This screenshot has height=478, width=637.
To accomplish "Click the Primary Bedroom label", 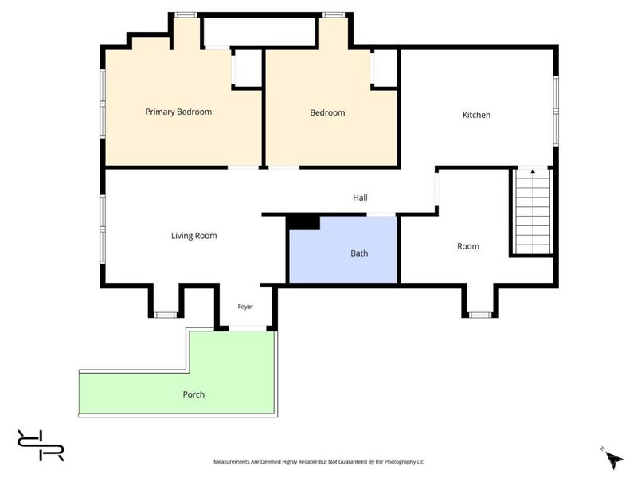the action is coord(178,112).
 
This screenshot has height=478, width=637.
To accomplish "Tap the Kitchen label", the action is coord(476,115).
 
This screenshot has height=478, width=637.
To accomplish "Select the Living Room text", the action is coord(193,236).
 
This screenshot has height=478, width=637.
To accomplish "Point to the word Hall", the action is coord(360,198).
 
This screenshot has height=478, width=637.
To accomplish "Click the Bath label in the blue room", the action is coord(359,253).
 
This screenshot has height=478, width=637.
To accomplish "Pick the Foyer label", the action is coord(245,307).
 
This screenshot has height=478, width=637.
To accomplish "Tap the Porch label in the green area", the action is coord(193,394).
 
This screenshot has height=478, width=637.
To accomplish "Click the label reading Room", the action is coord(468,246).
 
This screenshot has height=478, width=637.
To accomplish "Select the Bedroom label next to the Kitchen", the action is coord(327,112).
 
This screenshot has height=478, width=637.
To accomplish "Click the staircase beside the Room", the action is coord(533,211).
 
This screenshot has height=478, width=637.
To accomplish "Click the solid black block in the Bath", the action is coord(303,223).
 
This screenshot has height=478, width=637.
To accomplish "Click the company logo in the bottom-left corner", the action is coord(41,445).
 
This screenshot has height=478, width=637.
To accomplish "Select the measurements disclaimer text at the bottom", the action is coord(318,462).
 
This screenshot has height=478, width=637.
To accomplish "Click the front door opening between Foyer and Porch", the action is coord(248,328).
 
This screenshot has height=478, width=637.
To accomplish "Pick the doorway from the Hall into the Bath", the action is coord(381,214).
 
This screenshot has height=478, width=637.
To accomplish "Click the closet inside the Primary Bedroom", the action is coord(248,68).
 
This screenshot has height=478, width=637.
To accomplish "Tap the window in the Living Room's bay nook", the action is coord(166,315).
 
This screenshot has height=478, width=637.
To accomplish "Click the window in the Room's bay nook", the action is coord(480,315).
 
